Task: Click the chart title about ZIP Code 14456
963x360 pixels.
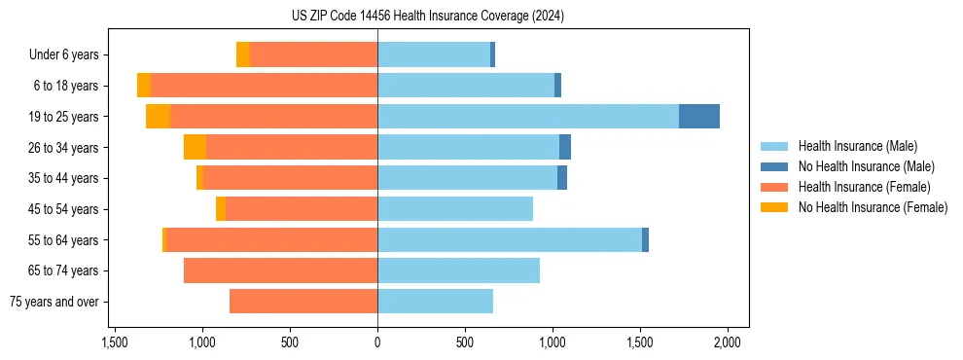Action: coord(427,17)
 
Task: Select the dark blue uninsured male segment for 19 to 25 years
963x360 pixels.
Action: coord(698,117)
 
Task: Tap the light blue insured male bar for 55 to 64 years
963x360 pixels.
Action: coord(509,240)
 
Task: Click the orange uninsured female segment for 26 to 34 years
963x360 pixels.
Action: coord(195,148)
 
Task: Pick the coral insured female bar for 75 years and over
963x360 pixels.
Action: coord(303,302)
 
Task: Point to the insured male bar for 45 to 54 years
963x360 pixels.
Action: coord(455,209)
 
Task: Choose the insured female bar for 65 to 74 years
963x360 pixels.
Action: coord(280,270)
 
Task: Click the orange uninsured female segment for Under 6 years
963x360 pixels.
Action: coord(243,55)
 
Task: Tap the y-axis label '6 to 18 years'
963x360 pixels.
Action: coord(66,86)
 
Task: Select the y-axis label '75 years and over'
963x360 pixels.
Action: coord(54,302)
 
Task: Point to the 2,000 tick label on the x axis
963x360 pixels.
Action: coord(728,342)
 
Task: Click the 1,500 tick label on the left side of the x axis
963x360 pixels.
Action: coord(115,342)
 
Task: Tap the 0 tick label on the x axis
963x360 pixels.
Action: coord(377,342)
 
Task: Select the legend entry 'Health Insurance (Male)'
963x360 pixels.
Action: coord(857,146)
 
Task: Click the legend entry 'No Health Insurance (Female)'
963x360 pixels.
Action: coord(873,207)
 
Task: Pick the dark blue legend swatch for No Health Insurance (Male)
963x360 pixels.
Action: coord(775,166)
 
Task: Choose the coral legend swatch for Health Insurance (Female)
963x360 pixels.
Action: coord(775,187)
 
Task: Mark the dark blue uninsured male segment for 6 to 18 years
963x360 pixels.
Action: coord(557,86)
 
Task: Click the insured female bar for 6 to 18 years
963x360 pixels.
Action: coord(264,86)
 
